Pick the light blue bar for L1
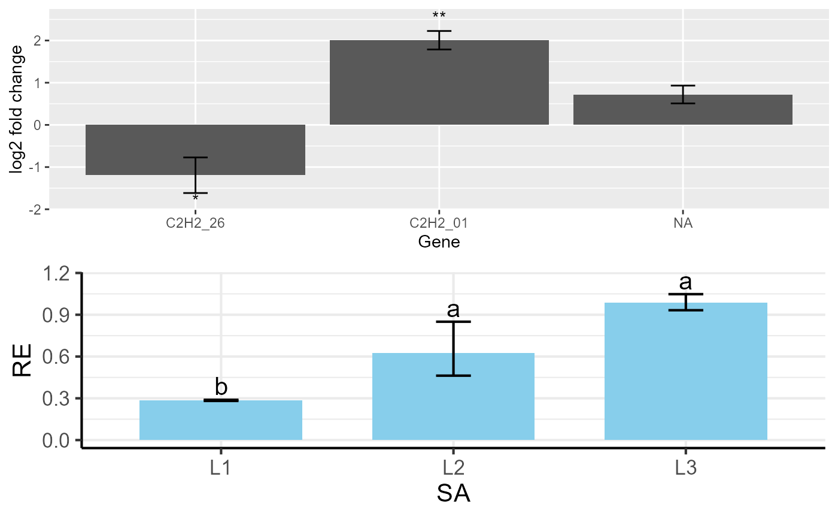(x=221, y=420)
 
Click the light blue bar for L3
(x=686, y=372)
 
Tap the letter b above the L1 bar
(x=221, y=388)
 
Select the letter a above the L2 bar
(x=453, y=310)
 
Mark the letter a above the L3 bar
(x=686, y=282)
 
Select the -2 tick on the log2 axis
(x=35, y=209)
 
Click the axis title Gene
(x=439, y=242)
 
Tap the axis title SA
(x=453, y=495)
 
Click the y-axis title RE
(x=22, y=358)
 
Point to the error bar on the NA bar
(x=683, y=95)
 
